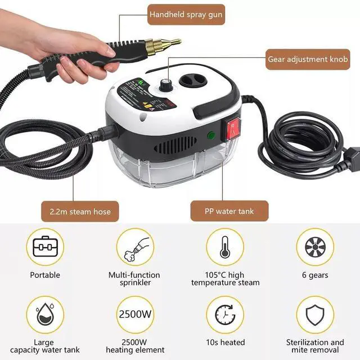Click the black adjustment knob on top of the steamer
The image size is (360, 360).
point(166,85)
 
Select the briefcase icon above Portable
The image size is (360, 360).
point(45,246)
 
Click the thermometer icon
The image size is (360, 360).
point(225,246)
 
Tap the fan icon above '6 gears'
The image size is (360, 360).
point(315,246)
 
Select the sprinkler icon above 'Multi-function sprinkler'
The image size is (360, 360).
point(135,246)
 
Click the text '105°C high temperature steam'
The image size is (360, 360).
point(225,279)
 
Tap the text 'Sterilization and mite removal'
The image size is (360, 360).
point(315,346)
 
